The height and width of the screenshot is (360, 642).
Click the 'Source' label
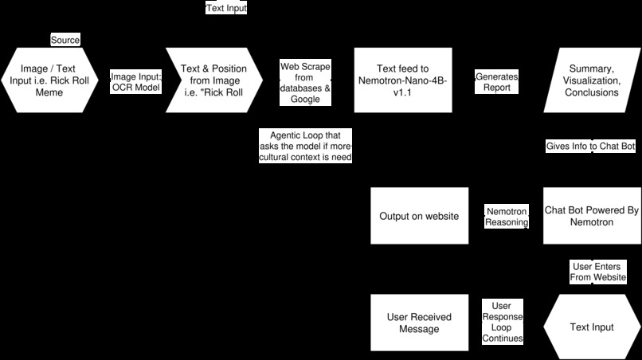pos(65,40)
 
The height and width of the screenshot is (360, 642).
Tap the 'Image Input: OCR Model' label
pos(135,81)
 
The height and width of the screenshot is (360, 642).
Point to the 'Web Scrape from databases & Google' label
pos(305,82)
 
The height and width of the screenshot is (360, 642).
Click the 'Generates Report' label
pos(497,81)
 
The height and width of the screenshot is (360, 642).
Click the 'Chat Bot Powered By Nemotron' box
pos(592,216)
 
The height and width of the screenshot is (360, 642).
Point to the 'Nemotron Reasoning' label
pos(507,217)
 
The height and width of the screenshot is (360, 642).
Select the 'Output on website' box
pos(419,216)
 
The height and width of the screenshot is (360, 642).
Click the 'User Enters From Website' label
pos(598,272)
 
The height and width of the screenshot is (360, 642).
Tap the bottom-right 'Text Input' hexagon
pos(592,327)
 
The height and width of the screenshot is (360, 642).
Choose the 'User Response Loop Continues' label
pos(503,322)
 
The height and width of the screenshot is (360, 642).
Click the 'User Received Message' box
pos(419,323)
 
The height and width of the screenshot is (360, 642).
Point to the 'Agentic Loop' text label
pos(306,146)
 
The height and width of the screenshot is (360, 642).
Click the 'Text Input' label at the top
pos(227,9)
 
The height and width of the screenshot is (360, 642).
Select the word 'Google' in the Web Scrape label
pos(305,100)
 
